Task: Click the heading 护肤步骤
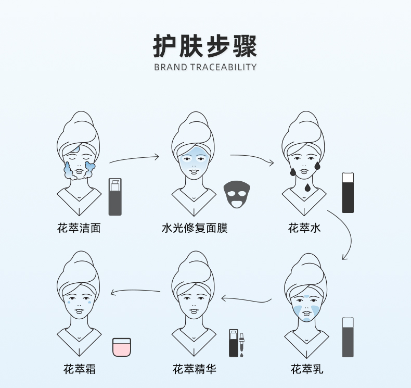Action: (x=205, y=46)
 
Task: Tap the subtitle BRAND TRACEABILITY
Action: (x=205, y=67)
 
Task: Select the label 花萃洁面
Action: (x=79, y=228)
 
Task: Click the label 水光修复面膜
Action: (x=195, y=228)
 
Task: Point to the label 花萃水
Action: (x=304, y=228)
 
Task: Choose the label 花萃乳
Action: (x=307, y=369)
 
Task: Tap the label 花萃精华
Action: (x=195, y=369)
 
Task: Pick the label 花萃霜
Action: (x=80, y=369)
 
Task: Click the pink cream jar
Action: (x=122, y=347)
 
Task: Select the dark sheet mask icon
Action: (x=237, y=194)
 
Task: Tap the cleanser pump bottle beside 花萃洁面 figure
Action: (x=115, y=197)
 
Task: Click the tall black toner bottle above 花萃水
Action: (x=348, y=193)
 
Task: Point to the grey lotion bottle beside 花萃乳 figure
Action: (x=348, y=337)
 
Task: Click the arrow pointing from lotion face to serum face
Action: (x=247, y=301)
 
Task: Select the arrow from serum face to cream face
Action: (x=135, y=290)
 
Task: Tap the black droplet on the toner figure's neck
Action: (x=307, y=187)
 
